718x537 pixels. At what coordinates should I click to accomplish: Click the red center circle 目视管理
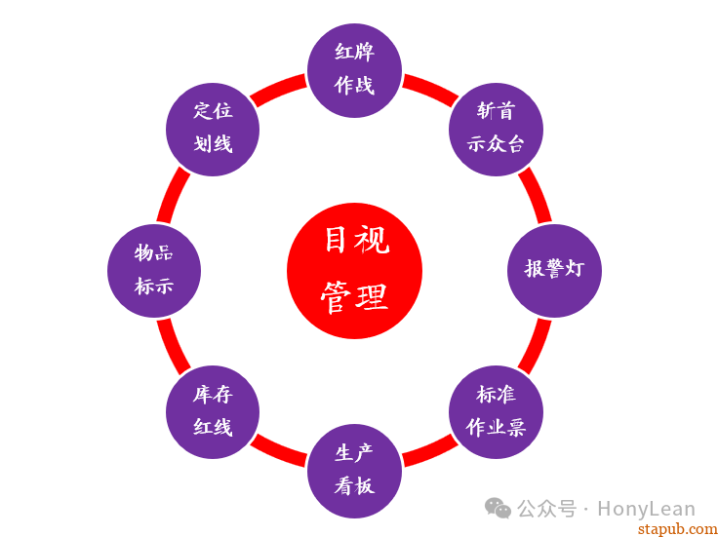[354, 271]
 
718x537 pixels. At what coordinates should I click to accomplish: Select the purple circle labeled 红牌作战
[354, 69]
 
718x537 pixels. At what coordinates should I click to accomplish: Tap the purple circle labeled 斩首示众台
[496, 128]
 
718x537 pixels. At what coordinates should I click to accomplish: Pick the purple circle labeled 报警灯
[554, 270]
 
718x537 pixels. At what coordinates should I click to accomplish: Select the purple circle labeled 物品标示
[153, 270]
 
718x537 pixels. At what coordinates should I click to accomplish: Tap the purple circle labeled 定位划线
[213, 128]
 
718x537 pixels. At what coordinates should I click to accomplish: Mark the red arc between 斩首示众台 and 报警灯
[536, 195]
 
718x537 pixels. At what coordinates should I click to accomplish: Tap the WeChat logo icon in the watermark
[499, 508]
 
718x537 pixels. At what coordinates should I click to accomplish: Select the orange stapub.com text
[677, 528]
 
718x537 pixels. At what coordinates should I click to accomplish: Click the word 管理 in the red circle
[354, 298]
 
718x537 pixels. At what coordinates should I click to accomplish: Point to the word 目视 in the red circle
[356, 240]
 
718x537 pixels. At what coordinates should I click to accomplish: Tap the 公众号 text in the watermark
[546, 509]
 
